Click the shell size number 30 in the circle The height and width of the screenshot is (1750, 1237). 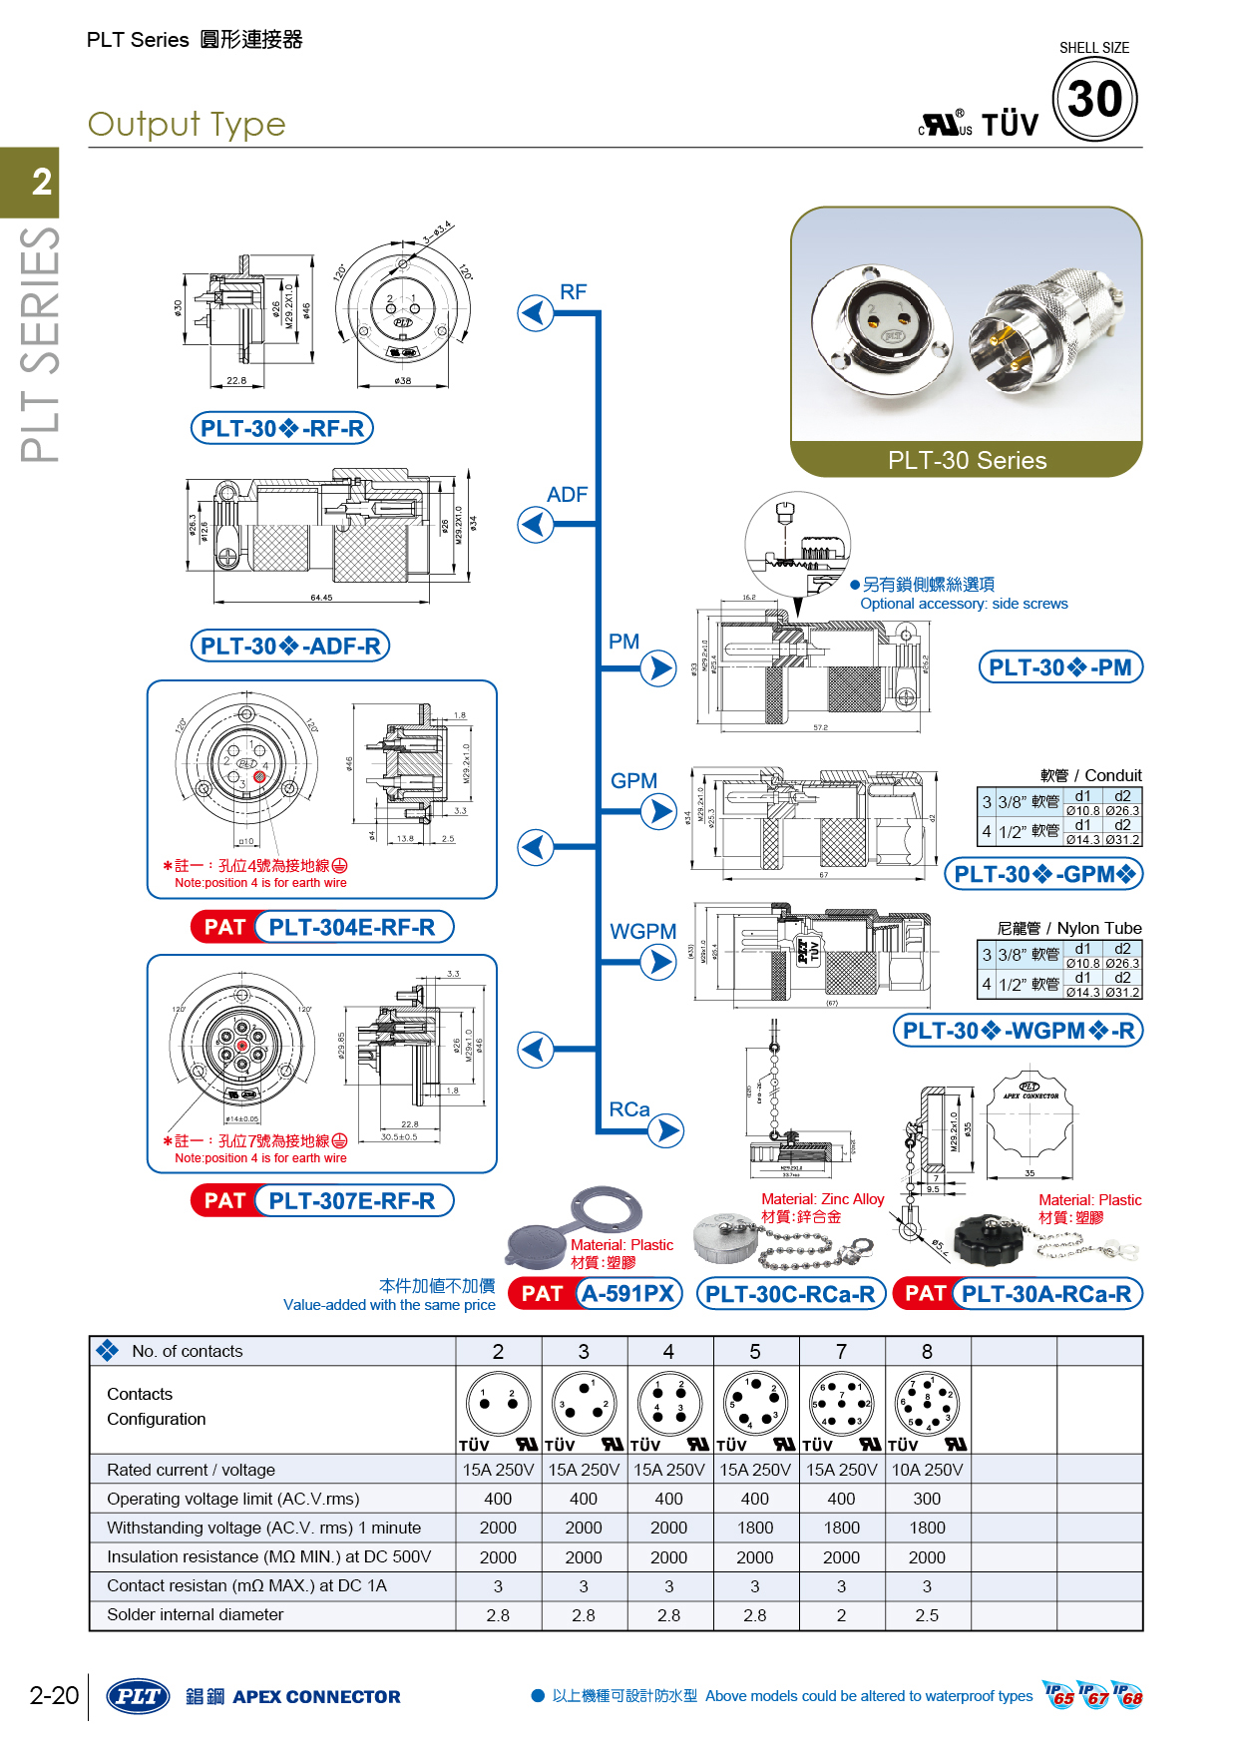[x=1094, y=99]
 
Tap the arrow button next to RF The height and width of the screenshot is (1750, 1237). [x=536, y=313]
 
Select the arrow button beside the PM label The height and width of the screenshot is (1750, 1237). [x=658, y=667]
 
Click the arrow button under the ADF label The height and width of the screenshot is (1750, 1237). [x=536, y=524]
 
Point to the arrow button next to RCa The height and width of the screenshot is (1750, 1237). [x=665, y=1130]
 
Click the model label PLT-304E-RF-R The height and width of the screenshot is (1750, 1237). [x=352, y=927]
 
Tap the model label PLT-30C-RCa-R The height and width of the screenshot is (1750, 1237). [x=790, y=1294]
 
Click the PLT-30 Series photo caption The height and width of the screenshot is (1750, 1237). [x=967, y=460]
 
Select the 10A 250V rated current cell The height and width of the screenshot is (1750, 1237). [x=927, y=1470]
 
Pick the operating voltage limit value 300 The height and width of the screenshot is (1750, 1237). [x=927, y=1499]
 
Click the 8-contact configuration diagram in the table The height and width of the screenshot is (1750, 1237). [x=927, y=1405]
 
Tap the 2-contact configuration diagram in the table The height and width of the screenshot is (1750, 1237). [x=498, y=1405]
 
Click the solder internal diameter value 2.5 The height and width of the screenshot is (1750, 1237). [x=927, y=1615]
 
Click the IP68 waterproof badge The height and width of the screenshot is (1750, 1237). [x=1129, y=1695]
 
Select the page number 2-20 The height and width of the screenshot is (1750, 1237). [x=54, y=1695]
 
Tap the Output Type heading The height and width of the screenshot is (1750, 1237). [x=187, y=125]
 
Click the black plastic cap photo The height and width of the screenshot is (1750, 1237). [x=989, y=1240]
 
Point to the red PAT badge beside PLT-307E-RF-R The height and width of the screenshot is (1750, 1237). [x=224, y=1200]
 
